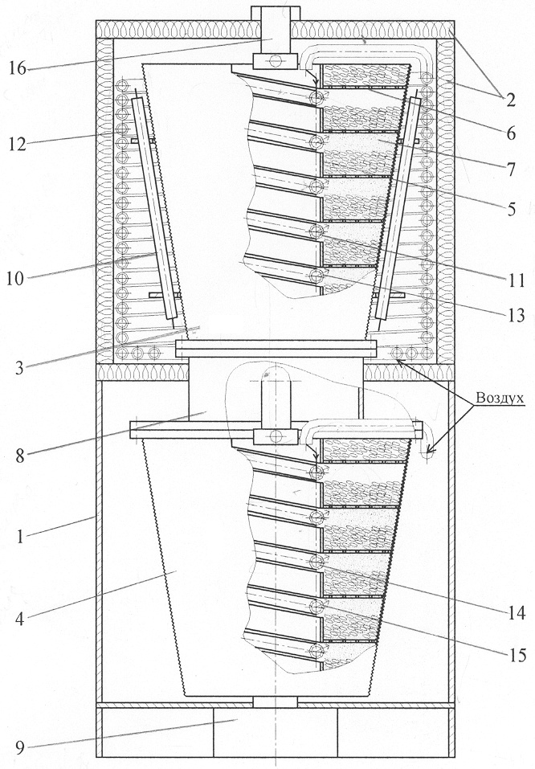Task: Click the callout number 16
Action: pyautogui.click(x=18, y=67)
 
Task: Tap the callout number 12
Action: pyautogui.click(x=17, y=144)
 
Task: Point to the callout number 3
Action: pyautogui.click(x=19, y=367)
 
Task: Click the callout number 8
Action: pyautogui.click(x=19, y=456)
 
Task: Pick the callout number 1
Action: pyautogui.click(x=19, y=536)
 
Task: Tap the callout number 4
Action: pyautogui.click(x=19, y=619)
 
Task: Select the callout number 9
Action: pyautogui.click(x=19, y=747)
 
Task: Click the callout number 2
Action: pyautogui.click(x=510, y=100)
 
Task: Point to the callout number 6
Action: pyautogui.click(x=511, y=133)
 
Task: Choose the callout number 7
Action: pyautogui.click(x=511, y=170)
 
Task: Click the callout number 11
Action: pyautogui.click(x=516, y=280)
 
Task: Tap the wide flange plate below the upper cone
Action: pyautogui.click(x=275, y=349)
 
